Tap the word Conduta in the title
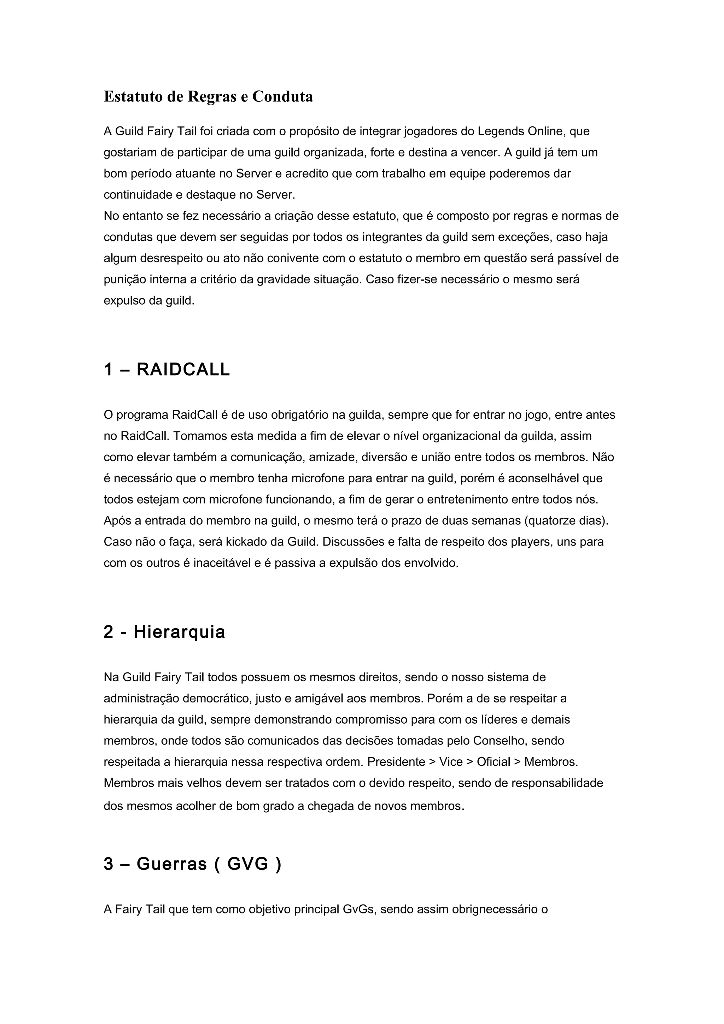(282, 96)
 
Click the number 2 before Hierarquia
(109, 632)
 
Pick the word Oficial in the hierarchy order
(494, 762)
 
